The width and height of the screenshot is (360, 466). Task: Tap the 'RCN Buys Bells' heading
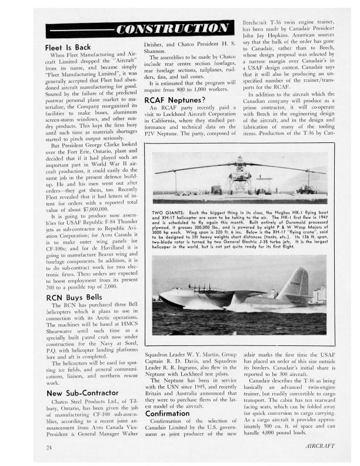tap(74, 298)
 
